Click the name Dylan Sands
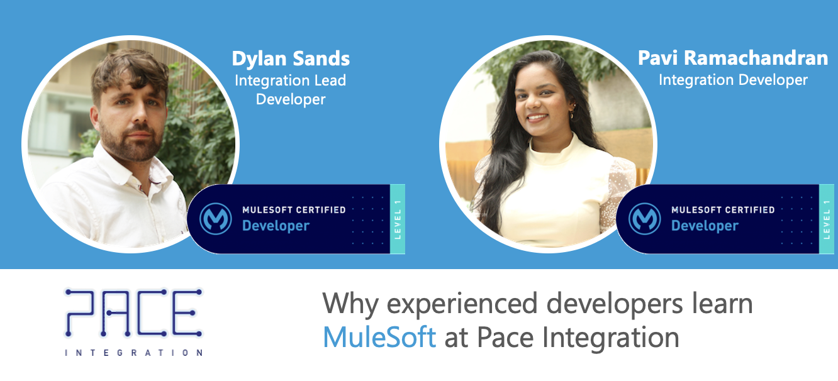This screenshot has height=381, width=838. click(291, 58)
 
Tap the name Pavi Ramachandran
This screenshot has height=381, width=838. click(733, 58)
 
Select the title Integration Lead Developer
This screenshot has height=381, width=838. click(291, 90)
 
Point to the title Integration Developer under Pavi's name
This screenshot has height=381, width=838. click(734, 80)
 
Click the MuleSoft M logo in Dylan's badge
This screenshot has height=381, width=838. click(216, 219)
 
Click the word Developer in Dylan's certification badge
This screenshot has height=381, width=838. click(276, 226)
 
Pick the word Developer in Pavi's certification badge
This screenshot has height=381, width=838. click(705, 226)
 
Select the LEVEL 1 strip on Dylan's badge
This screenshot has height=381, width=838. click(398, 219)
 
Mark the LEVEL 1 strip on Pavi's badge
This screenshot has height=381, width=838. click(827, 219)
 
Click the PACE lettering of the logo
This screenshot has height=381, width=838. click(133, 312)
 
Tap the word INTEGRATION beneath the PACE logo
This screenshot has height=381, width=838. click(133, 353)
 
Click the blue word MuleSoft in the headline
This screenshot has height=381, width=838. click(379, 337)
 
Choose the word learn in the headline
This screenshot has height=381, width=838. click(722, 303)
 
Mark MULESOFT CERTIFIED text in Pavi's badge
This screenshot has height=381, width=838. click(723, 210)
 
